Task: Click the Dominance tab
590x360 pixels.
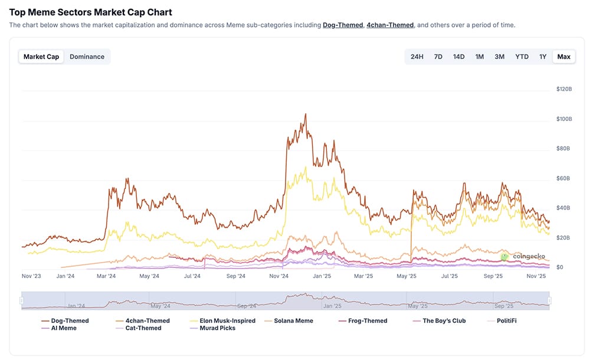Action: (87, 57)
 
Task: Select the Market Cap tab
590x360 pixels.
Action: (41, 57)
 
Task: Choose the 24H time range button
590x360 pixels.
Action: (417, 57)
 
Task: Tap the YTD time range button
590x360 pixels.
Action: (522, 57)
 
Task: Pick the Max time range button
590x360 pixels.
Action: (563, 57)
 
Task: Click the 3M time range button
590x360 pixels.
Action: (499, 57)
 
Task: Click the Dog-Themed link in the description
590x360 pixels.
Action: (342, 25)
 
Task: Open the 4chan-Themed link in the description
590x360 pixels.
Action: (390, 25)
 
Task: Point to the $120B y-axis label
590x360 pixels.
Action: (565, 89)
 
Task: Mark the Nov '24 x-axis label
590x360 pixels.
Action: (278, 276)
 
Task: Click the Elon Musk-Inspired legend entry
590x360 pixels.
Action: (227, 320)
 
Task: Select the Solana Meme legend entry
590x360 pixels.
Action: (293, 320)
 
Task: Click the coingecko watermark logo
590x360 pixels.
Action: (523, 257)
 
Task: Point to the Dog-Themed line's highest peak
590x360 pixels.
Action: (305, 114)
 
